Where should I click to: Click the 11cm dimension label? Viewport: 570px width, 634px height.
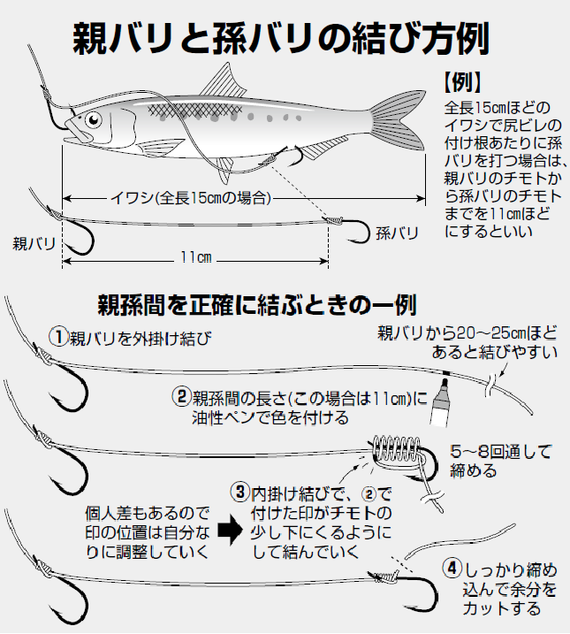pos(195,256)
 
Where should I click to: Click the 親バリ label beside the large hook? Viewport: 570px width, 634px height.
pos(34,241)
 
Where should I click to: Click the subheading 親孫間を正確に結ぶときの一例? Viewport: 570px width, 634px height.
pos(255,306)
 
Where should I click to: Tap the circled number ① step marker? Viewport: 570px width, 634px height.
pos(58,337)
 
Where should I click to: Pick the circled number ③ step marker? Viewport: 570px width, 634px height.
pos(239,490)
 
